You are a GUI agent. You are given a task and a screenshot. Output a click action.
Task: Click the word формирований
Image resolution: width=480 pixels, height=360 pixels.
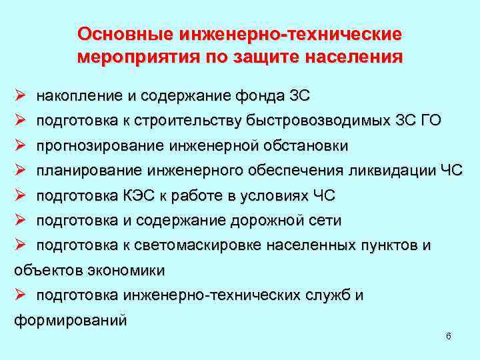(70, 321)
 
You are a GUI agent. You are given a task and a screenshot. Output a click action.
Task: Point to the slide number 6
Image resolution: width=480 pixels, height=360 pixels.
(449, 336)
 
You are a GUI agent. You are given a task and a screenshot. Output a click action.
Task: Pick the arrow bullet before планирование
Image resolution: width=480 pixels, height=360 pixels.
(19, 171)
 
